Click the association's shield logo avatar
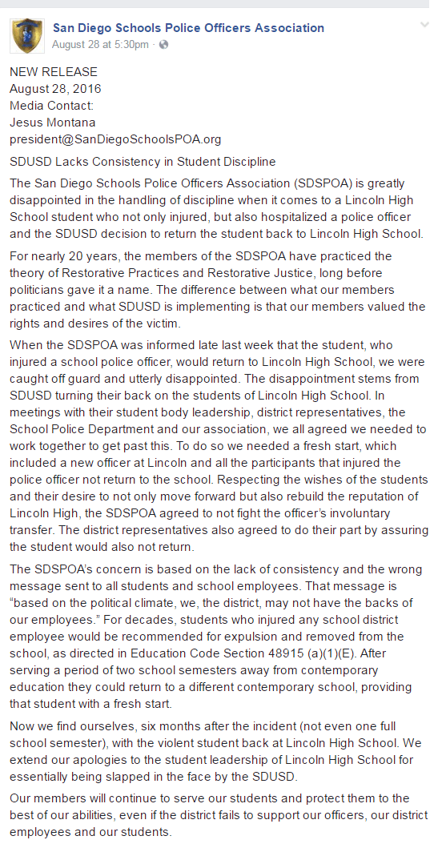[x=26, y=35]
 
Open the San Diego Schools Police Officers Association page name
[x=188, y=28]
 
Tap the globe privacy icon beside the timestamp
[x=164, y=44]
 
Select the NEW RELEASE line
[x=54, y=72]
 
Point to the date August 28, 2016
[x=55, y=88]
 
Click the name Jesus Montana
[x=52, y=122]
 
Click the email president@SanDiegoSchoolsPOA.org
[x=115, y=139]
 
